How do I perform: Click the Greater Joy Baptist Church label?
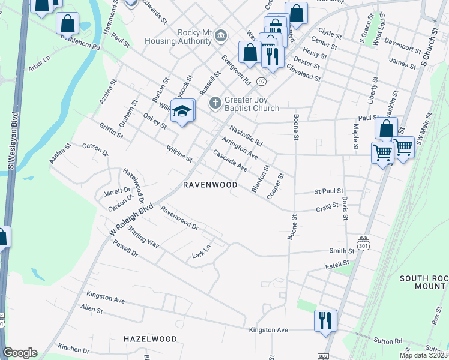252,104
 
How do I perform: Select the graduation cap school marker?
182,111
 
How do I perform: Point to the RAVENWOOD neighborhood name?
210,185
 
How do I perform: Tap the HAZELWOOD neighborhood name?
150,339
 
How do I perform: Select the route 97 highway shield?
260,80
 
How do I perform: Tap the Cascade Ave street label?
230,160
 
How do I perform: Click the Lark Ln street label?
202,252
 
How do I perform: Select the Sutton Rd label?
389,341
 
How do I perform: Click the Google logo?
20,353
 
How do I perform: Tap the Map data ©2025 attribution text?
423,355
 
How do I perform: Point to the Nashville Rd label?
246,136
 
